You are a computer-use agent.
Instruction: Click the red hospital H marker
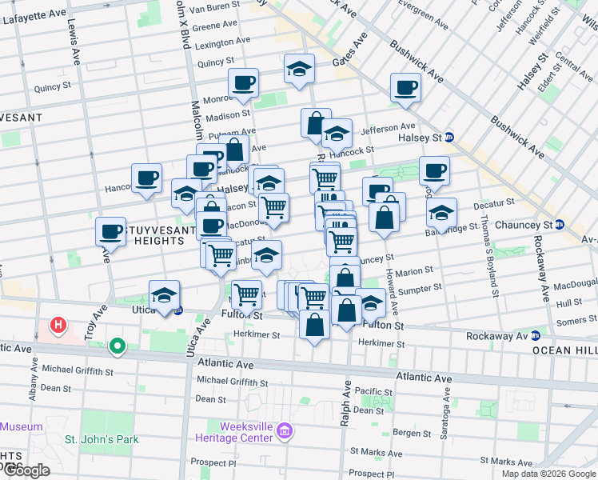pyautogui.click(x=58, y=325)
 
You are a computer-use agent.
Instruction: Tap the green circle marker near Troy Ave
pyautogui.click(x=118, y=346)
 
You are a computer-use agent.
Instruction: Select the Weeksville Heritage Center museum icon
pyautogui.click(x=284, y=432)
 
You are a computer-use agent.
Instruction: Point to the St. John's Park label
pyautogui.click(x=102, y=439)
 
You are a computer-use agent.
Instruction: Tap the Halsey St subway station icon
pyautogui.click(x=449, y=137)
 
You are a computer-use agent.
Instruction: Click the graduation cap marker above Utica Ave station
pyautogui.click(x=165, y=294)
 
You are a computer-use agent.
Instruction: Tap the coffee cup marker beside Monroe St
pyautogui.click(x=243, y=82)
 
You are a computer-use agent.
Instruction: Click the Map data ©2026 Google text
pyautogui.click(x=549, y=474)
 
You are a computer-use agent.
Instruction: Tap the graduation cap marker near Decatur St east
pyautogui.click(x=441, y=213)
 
